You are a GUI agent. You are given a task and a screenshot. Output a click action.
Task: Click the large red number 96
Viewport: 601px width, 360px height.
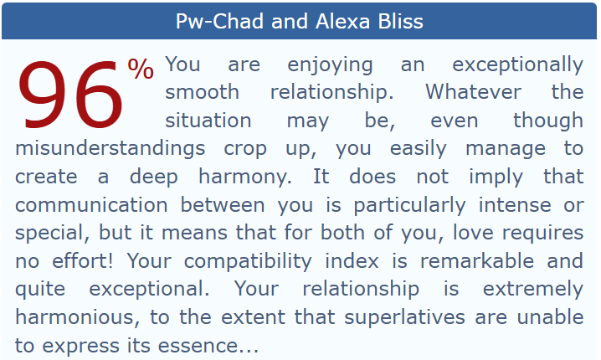(70, 95)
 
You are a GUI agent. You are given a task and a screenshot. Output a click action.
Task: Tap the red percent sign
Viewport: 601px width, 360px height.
(141, 69)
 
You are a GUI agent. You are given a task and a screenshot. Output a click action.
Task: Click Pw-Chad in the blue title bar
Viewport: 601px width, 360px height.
(219, 21)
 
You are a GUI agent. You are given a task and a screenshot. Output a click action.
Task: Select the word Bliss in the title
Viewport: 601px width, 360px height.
(401, 21)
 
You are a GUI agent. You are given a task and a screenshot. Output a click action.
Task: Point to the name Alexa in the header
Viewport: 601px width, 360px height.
(343, 21)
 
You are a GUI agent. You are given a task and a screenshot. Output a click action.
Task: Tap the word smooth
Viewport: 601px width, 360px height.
(203, 92)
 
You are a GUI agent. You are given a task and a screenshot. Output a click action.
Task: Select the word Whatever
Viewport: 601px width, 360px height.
(474, 92)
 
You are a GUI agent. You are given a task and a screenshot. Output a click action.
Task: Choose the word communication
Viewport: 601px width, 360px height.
(91, 205)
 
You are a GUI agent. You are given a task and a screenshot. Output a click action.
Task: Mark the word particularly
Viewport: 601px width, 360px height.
(409, 206)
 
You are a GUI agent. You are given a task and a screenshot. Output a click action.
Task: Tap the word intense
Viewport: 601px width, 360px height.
(515, 205)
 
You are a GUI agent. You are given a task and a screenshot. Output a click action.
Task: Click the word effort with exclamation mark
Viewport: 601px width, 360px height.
(82, 261)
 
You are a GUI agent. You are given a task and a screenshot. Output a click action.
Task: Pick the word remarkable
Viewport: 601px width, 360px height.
(477, 261)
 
